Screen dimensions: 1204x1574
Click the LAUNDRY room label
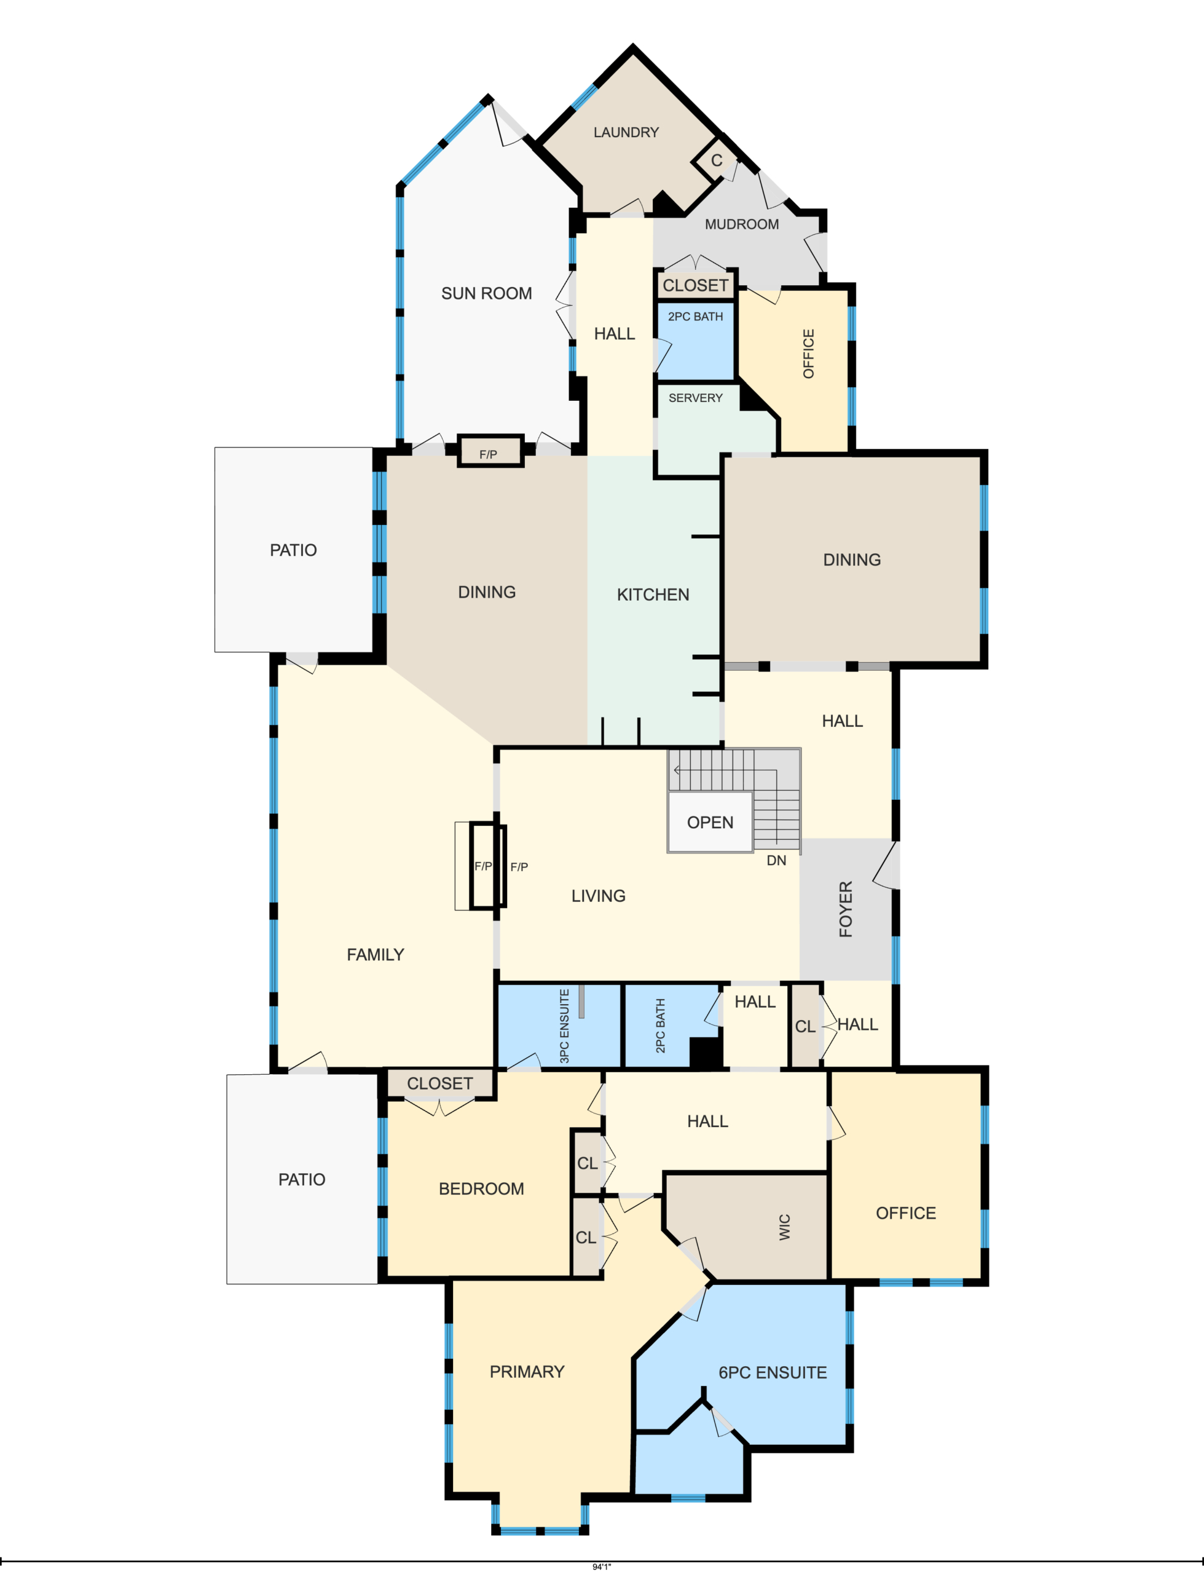(x=626, y=133)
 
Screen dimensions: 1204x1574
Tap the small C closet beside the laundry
(x=716, y=160)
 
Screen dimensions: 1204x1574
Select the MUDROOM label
(x=742, y=224)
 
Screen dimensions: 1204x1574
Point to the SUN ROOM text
(x=487, y=293)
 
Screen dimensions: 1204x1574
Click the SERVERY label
(x=695, y=398)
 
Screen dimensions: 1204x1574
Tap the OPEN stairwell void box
(x=710, y=822)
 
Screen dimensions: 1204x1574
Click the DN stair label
(x=776, y=860)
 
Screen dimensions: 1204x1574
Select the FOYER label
(x=846, y=909)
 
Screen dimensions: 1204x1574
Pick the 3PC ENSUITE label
(x=564, y=1026)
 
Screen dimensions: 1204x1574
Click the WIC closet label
(x=785, y=1227)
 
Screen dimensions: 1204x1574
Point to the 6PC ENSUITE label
(x=773, y=1372)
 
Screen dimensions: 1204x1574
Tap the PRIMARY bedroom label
(x=527, y=1372)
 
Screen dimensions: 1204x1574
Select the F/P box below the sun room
(x=490, y=451)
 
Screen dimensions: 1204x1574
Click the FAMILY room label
(x=376, y=955)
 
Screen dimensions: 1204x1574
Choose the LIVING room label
(x=599, y=896)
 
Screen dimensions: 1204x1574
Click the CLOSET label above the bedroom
(x=440, y=1084)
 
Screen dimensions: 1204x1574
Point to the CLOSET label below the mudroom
(x=695, y=285)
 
